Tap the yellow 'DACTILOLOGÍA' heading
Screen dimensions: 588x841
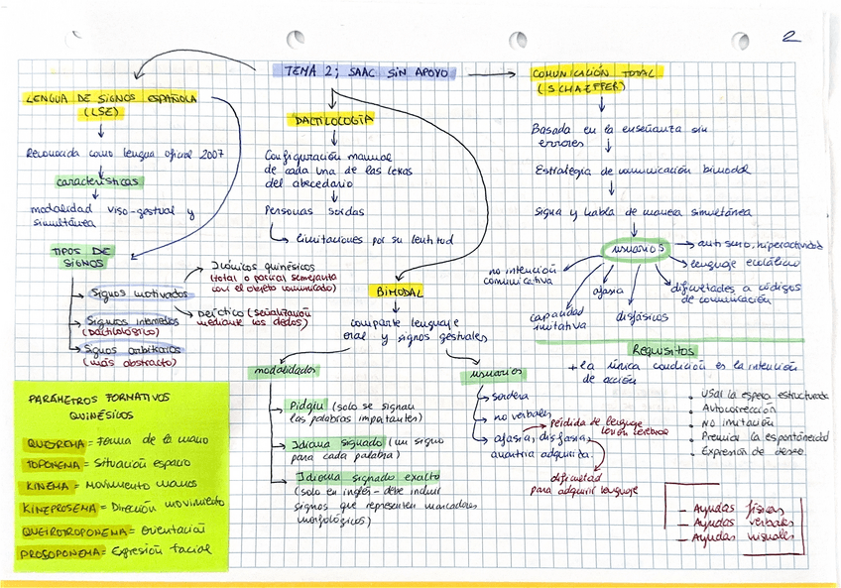[x=332, y=120]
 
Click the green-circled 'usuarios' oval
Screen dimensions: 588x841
[x=635, y=247]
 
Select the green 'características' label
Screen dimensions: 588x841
[x=97, y=182]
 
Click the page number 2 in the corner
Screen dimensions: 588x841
[x=790, y=38]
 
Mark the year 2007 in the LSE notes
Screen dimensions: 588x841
[x=211, y=154]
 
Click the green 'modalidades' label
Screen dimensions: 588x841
[x=283, y=371]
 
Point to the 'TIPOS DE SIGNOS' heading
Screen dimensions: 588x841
[x=81, y=257]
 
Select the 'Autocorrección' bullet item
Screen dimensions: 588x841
[x=739, y=408]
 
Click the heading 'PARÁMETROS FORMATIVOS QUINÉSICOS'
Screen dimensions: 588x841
[x=99, y=405]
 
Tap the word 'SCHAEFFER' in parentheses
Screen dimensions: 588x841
[x=581, y=89]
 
